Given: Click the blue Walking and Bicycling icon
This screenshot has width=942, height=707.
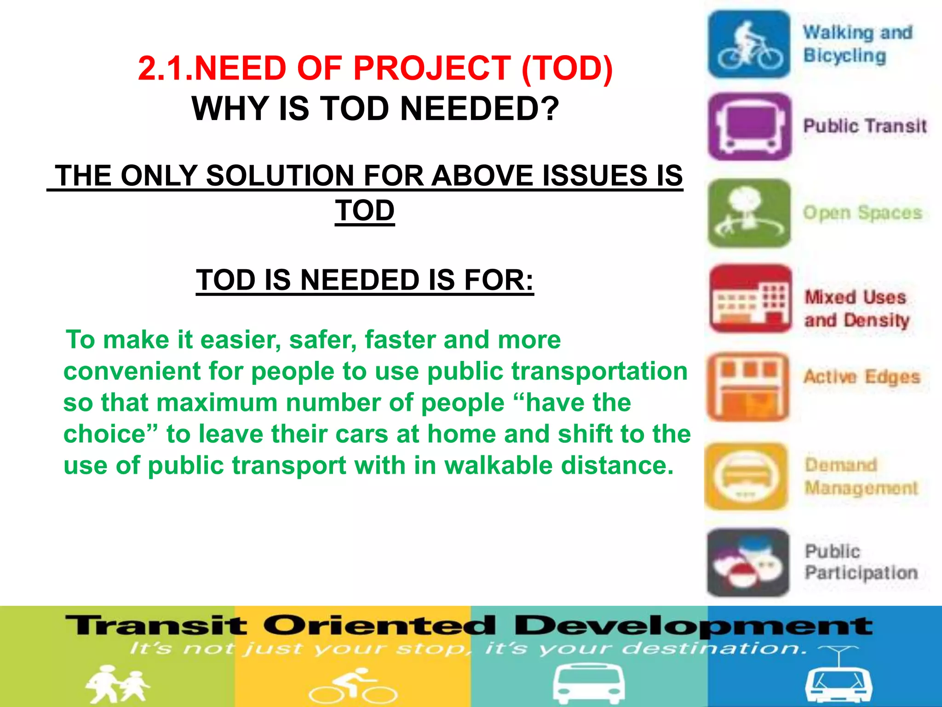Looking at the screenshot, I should pyautogui.click(x=749, y=44).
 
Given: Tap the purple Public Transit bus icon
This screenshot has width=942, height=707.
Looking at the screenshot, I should pyautogui.click(x=750, y=127).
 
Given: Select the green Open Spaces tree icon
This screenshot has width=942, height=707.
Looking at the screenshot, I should pyautogui.click(x=749, y=213).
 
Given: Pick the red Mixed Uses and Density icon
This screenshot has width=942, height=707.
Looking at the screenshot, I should pyautogui.click(x=750, y=299).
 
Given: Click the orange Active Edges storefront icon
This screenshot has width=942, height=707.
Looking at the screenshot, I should pyautogui.click(x=748, y=387).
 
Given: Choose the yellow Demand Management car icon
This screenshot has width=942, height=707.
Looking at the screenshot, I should pyautogui.click(x=746, y=476).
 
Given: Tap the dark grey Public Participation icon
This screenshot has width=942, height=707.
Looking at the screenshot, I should pyautogui.click(x=748, y=562).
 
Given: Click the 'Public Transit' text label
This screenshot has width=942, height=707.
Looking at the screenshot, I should pyautogui.click(x=865, y=126).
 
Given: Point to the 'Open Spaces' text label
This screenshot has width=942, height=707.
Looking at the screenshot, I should pyautogui.click(x=862, y=213).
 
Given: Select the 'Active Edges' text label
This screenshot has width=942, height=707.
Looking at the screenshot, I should pyautogui.click(x=862, y=377).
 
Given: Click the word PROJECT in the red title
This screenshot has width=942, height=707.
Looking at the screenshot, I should pyautogui.click(x=432, y=69).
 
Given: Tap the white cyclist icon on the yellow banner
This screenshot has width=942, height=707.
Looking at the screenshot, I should pyautogui.click(x=352, y=685).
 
